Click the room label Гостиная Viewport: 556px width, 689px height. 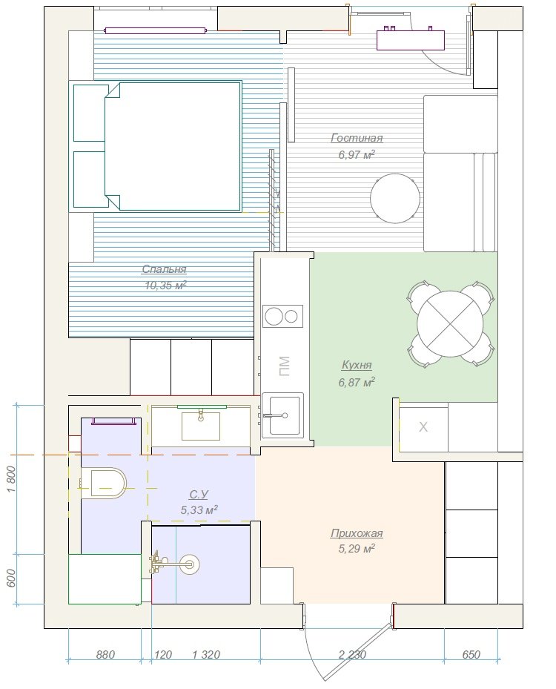357,138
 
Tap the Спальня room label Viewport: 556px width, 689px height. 165,269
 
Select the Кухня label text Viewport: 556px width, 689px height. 357,365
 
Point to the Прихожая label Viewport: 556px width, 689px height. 357,533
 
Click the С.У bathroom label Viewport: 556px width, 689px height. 199,495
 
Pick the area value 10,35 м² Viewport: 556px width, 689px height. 165,286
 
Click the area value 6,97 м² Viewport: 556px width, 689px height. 357,155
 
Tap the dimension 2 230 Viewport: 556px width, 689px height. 352,655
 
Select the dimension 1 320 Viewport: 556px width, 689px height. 206,655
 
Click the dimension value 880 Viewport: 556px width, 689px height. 105,655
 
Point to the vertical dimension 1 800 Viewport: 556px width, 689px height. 12,479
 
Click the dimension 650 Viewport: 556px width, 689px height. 471,655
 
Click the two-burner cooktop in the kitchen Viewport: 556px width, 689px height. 283,316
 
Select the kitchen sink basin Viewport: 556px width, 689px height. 283,415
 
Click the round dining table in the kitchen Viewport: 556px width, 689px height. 450,324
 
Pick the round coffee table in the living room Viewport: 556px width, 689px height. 395,198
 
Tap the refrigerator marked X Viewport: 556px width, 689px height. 423,426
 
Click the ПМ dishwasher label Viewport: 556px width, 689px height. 284,366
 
